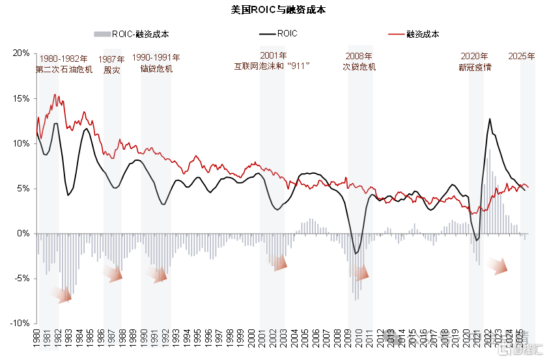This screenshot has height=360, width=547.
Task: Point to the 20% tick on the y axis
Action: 21,53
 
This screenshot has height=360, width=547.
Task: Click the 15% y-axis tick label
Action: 21,99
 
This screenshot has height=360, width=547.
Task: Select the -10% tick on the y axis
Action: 20,324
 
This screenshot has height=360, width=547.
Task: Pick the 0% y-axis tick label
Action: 23,234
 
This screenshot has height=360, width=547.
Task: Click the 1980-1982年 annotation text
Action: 64,59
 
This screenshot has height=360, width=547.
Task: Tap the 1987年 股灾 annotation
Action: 112,64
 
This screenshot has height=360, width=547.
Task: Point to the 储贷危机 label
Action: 156,68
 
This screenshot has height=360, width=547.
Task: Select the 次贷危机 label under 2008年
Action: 359,66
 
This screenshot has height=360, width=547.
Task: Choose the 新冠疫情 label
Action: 475,67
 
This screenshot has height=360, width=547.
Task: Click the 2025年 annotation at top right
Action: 522,56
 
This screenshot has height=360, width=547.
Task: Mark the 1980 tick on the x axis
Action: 36,340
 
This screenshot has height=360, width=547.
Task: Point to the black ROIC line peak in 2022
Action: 490,119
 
